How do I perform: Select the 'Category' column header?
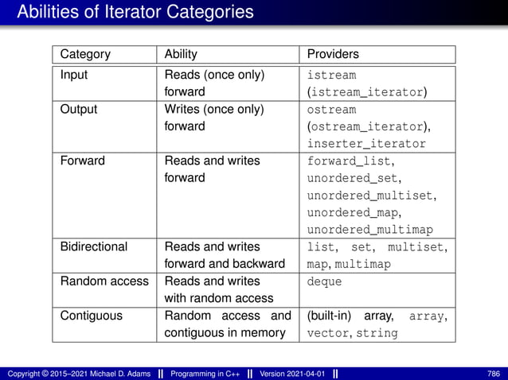[x=85, y=55]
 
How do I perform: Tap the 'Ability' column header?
[x=181, y=55]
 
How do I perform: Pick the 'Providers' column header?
[x=333, y=55]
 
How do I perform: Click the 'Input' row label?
[x=75, y=76]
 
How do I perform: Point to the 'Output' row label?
[x=79, y=110]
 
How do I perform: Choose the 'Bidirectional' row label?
[x=94, y=246]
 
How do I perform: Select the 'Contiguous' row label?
[x=92, y=316]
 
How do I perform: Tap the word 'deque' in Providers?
[x=324, y=281]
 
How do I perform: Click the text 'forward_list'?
[x=351, y=161]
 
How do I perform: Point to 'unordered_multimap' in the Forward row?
[x=370, y=230]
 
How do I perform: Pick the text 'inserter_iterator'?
[x=367, y=144]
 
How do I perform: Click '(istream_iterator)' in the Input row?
[x=367, y=92]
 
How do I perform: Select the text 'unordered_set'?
[x=354, y=178]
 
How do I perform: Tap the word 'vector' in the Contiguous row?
[x=328, y=333]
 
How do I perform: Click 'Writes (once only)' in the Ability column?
[x=213, y=110]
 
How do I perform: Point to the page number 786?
[x=492, y=372]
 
